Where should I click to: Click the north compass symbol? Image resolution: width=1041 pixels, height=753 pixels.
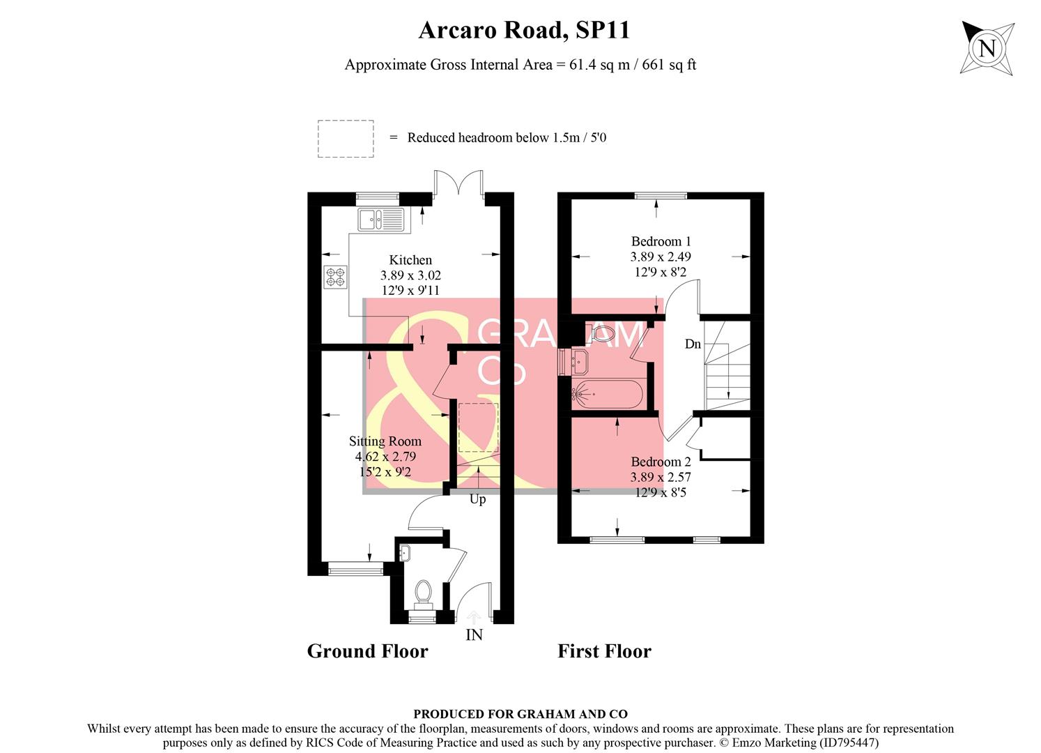[x=987, y=48]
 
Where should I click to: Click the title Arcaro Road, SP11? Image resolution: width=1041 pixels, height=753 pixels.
[x=524, y=30]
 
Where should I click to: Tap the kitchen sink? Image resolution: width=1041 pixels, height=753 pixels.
[x=380, y=220]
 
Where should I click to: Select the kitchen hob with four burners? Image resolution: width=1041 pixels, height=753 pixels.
[x=334, y=277]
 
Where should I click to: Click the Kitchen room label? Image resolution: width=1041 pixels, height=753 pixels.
[x=410, y=260]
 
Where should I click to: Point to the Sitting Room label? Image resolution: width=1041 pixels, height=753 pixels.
[x=385, y=441]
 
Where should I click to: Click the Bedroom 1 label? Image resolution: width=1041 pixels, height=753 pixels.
[x=661, y=241]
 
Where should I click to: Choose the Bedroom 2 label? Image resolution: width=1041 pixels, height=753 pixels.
[x=661, y=462]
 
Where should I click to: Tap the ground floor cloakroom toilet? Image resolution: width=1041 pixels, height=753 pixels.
[x=422, y=593]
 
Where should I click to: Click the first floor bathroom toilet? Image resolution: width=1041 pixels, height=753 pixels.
[x=603, y=333]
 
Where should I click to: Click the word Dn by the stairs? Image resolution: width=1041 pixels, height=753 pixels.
[x=693, y=344]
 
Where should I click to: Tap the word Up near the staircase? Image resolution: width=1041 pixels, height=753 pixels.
[x=477, y=499]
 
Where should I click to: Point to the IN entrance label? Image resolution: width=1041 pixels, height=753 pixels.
[x=474, y=635]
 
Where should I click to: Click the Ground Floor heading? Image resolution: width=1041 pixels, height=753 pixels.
[x=367, y=651]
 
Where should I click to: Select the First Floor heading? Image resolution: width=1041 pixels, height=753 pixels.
[x=604, y=651]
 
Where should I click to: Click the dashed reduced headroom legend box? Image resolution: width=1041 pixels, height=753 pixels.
[x=346, y=139]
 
